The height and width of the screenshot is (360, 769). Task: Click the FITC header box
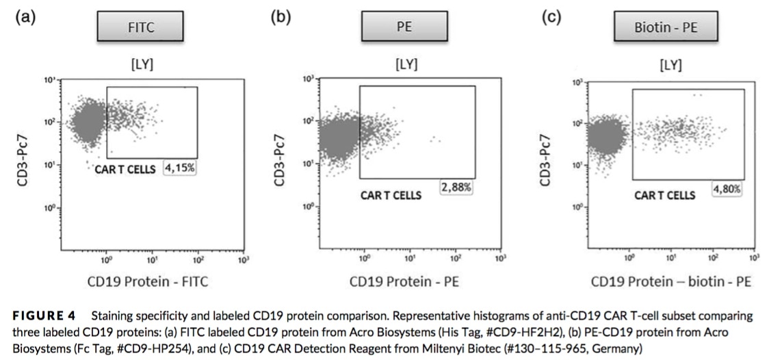tap(139, 28)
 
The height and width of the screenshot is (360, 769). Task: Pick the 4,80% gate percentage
tap(727, 189)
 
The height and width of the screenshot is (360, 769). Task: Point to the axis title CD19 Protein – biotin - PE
tap(671, 281)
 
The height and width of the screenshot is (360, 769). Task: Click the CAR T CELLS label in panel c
tap(664, 196)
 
